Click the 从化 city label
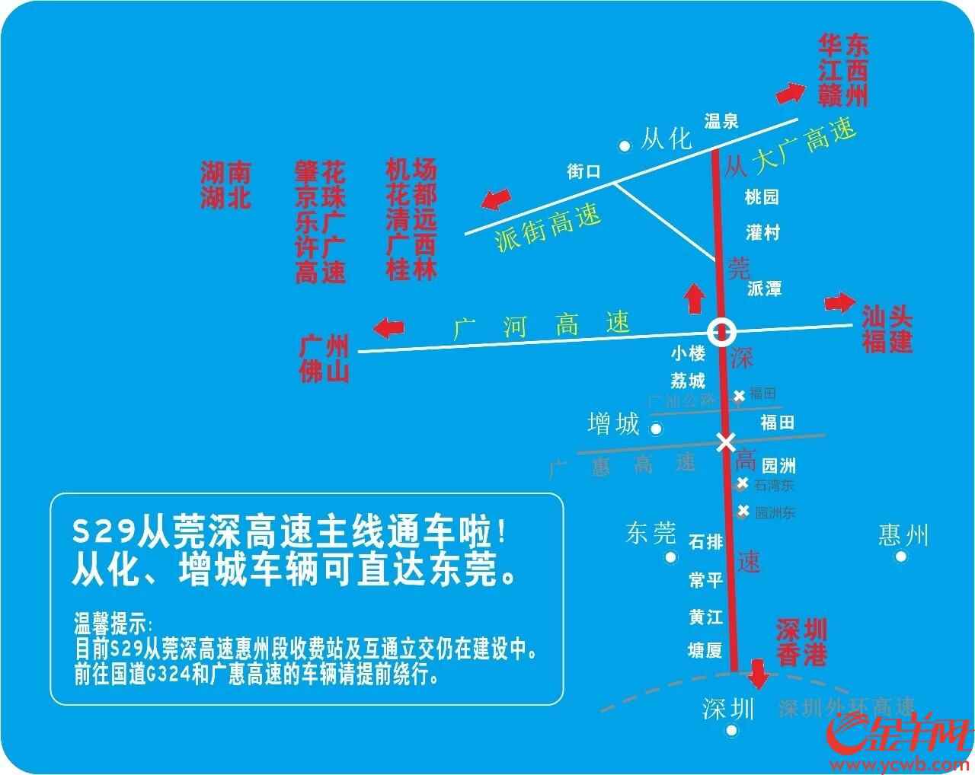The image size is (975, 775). coord(666,139)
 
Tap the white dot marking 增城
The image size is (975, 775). coord(656,429)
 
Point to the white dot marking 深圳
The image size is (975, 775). coord(732,731)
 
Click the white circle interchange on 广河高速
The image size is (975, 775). coord(721,331)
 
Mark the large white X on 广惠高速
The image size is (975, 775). coord(725,442)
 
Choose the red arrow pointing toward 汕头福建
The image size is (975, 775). coord(840,302)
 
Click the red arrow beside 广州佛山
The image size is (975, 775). coord(388,329)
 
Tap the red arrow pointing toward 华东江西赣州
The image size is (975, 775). coord(790,93)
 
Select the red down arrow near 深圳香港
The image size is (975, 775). coord(759,673)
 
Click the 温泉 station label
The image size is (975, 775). coord(721,120)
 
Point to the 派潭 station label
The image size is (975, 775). coord(764,289)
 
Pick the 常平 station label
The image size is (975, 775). coord(705,580)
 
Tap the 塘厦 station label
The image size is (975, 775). coord(705,650)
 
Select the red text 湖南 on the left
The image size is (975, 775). coord(225,171)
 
